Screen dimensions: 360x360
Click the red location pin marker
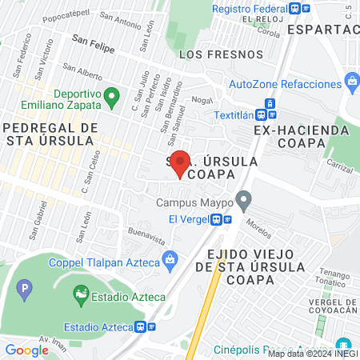coord(181,162)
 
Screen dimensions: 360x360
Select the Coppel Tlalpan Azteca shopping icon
coord(170,258)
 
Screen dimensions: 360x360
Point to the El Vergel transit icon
coord(216,219)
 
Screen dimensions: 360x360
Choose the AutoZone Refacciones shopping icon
coord(351,82)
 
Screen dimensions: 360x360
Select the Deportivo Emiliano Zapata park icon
coord(43,94)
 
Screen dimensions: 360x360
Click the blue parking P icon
coord(26,286)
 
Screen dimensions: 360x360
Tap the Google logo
coord(26,350)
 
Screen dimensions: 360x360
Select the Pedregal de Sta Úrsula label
coord(50,134)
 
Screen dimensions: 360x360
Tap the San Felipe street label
coord(92,48)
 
